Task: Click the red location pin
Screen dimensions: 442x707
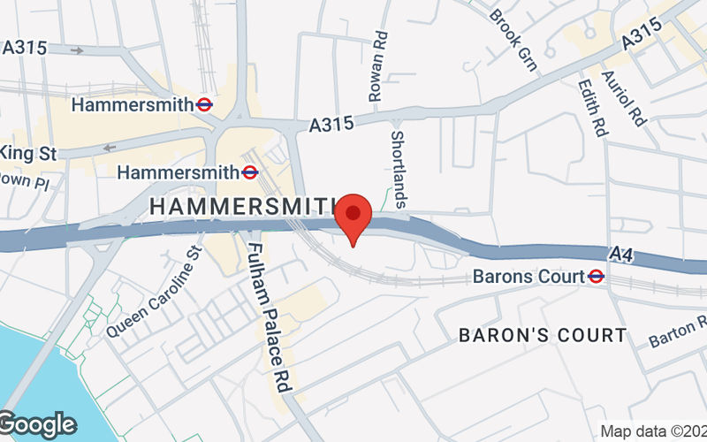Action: click(354, 216)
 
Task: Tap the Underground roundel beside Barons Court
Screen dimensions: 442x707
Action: click(597, 276)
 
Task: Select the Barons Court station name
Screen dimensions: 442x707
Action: click(528, 276)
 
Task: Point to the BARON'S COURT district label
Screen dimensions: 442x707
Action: click(543, 335)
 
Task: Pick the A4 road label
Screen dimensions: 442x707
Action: click(621, 255)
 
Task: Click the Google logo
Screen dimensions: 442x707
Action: click(37, 423)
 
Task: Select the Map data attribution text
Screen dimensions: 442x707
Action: click(653, 431)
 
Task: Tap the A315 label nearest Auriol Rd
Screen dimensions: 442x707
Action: click(642, 38)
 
